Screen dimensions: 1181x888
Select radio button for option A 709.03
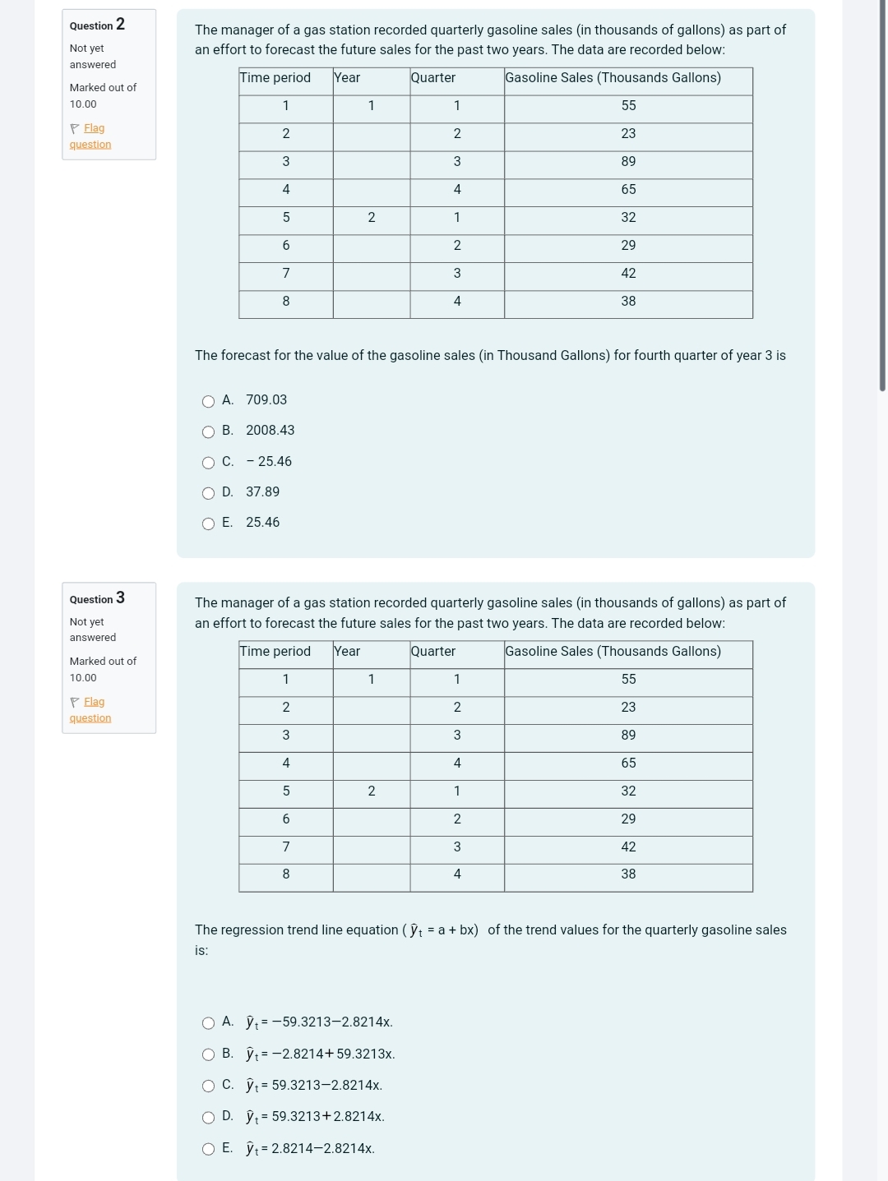point(209,401)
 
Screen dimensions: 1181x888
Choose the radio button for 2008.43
point(209,431)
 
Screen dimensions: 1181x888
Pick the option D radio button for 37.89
point(209,493)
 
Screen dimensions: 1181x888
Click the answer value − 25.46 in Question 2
point(269,462)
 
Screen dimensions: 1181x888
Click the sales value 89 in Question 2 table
point(628,162)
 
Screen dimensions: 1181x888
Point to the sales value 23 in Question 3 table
point(628,708)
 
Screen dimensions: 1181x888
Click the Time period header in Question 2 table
point(275,78)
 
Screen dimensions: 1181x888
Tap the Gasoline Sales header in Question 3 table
point(613,652)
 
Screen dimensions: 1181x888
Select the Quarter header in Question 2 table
point(433,78)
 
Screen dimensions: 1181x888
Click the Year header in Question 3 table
point(347,652)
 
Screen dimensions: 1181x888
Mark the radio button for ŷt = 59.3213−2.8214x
point(209,1086)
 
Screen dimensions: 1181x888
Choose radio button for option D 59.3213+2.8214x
point(209,1118)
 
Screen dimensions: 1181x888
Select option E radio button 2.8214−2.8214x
point(209,1149)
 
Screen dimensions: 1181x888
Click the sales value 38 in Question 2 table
point(628,302)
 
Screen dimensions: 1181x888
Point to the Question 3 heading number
point(120,597)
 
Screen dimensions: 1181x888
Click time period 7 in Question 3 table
point(286,847)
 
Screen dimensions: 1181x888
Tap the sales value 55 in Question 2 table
point(628,106)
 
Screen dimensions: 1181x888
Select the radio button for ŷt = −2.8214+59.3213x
point(209,1054)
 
